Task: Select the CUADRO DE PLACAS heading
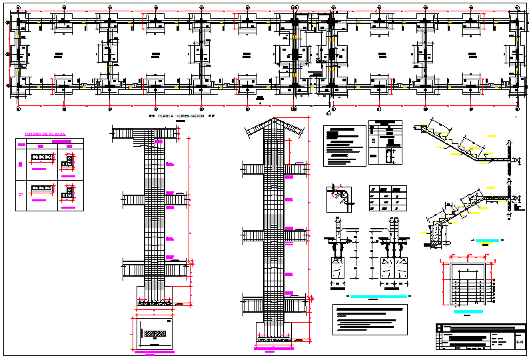tap(45, 135)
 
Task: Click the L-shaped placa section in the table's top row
tap(67, 161)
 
